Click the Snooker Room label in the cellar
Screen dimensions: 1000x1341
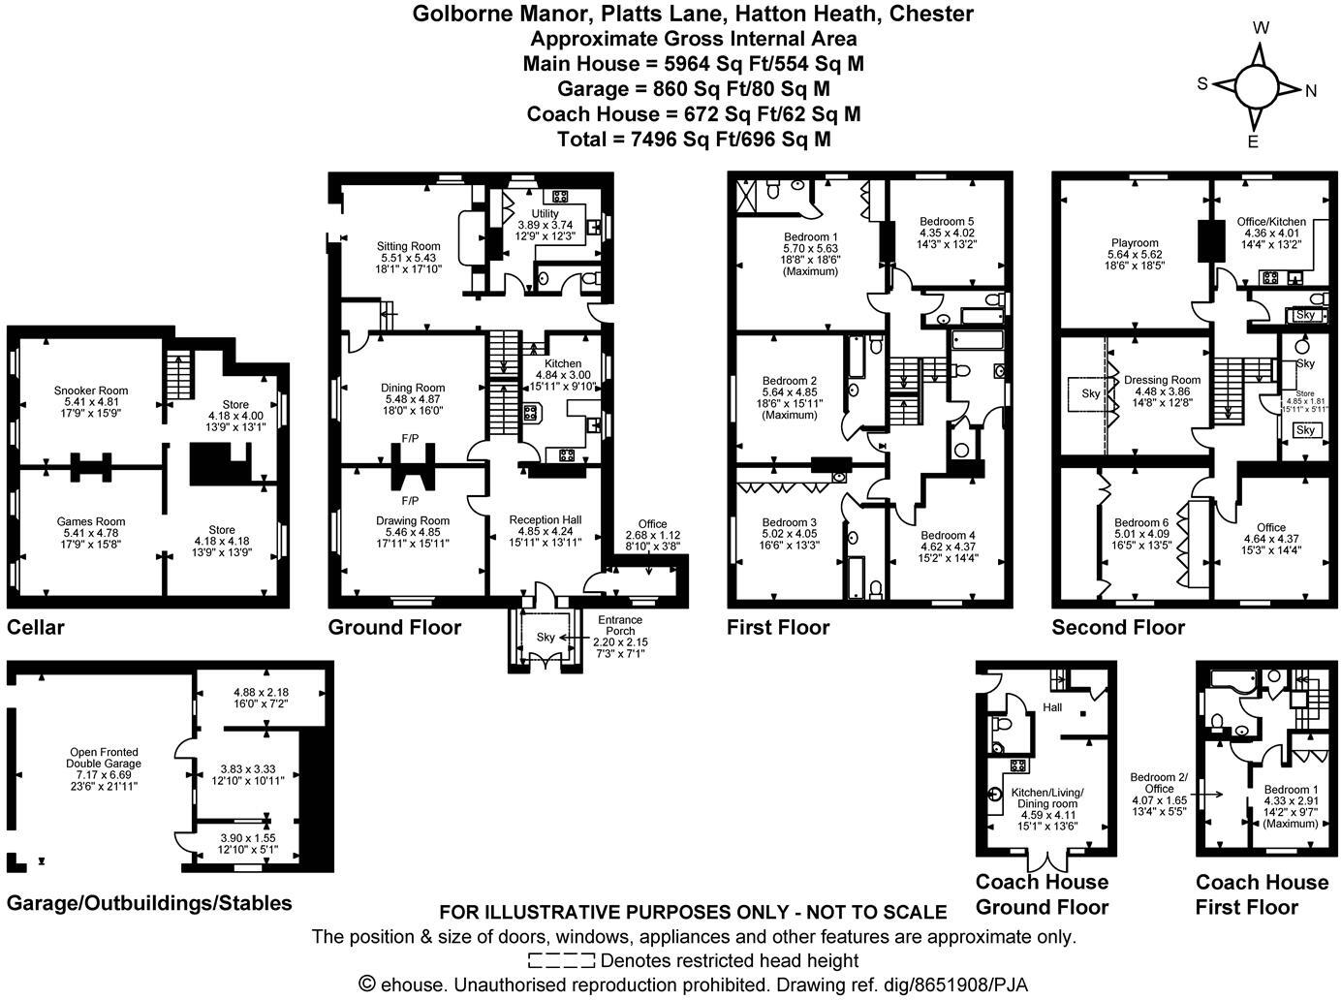[91, 391]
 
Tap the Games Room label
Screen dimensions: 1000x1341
[91, 521]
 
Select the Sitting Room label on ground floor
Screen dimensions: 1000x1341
[408, 246]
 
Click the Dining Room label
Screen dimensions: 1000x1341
[413, 388]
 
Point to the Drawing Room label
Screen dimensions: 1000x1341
[413, 520]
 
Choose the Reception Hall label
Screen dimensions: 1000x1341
[545, 520]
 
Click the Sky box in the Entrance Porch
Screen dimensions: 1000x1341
[546, 638]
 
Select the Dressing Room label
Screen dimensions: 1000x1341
[1162, 380]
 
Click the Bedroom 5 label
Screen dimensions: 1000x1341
[947, 221]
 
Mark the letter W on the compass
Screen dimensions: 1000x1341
[1261, 28]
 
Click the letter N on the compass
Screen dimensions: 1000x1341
[1311, 91]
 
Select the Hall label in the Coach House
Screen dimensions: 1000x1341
[1052, 707]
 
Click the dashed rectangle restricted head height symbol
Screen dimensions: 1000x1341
[561, 961]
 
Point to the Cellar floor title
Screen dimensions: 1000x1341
[36, 627]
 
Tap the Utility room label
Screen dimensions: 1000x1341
[545, 213]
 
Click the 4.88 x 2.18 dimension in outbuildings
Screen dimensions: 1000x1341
[261, 692]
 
